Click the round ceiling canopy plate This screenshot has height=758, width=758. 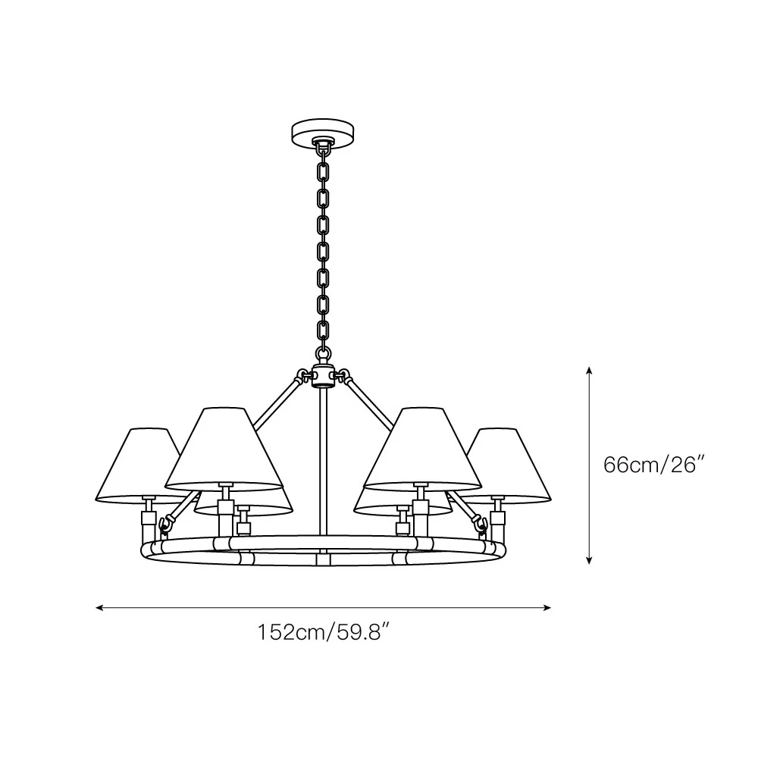322,130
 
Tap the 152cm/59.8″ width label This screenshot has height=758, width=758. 324,632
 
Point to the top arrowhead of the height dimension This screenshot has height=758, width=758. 589,371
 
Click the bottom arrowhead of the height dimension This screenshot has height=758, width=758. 589,560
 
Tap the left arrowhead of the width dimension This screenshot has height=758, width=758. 99,608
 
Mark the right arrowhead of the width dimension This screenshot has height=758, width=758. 547,608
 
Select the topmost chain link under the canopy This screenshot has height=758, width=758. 322,149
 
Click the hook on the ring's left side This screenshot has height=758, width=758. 164,524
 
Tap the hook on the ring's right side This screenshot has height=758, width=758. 481,524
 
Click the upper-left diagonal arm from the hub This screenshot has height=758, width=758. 277,402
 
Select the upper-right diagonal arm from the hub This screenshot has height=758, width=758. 369,402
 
